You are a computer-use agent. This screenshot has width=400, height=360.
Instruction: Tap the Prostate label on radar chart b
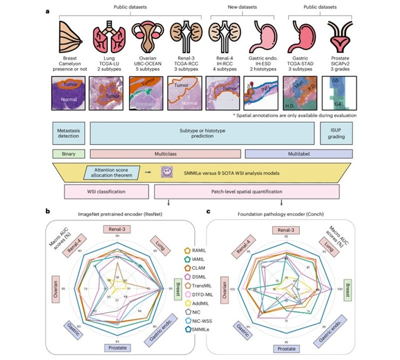coord(119,348)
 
